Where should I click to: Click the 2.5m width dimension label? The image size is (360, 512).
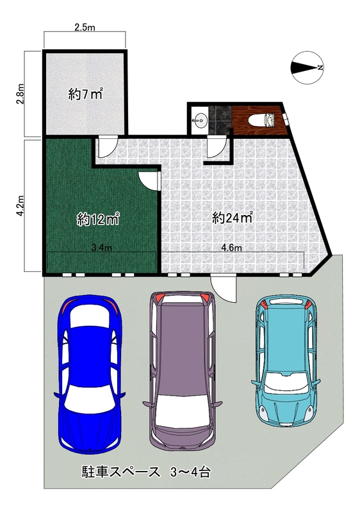pos(85,28)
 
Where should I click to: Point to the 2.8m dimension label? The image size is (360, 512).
pos(20,93)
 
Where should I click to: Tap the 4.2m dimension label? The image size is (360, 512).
pos(20,205)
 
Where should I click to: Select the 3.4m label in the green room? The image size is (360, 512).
pos(101,248)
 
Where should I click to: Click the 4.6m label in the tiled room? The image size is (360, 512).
pos(231,248)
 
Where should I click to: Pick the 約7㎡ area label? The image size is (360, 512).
pos(85,95)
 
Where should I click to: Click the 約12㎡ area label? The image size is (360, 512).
pos(97,219)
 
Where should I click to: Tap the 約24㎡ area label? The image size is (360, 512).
pos(233,218)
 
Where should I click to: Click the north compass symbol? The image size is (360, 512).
pos(307,68)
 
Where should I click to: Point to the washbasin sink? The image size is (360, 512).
pos(200,120)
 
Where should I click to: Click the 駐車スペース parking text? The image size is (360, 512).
pos(120,472)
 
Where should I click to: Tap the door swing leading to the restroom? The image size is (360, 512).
pos(217,148)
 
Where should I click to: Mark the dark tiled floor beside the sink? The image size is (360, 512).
pos(220,120)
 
